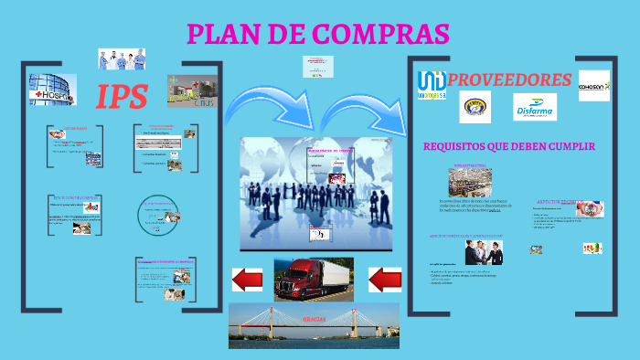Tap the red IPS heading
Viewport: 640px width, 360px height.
pyautogui.click(x=123, y=96)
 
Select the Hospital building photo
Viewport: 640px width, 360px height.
pyautogui.click(x=52, y=90)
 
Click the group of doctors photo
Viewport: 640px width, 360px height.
pyautogui.click(x=122, y=59)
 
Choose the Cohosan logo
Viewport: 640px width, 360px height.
pyautogui.click(x=593, y=86)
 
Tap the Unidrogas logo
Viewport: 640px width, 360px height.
pyautogui.click(x=431, y=84)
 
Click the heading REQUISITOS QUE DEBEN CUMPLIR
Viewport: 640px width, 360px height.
pyautogui.click(x=508, y=146)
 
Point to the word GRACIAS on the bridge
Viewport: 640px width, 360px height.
pyautogui.click(x=313, y=320)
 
